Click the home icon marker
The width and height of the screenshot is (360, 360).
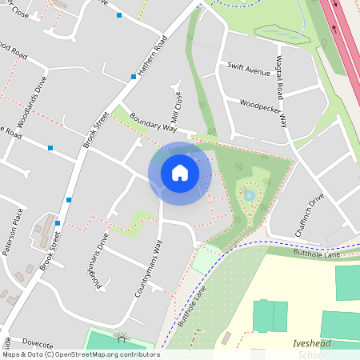pyautogui.click(x=180, y=173)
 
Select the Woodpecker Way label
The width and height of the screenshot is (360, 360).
pyautogui.click(x=263, y=104)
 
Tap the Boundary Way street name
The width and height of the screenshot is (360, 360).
pyautogui.click(x=152, y=121)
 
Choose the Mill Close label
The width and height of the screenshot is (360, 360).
pyautogui.click(x=177, y=103)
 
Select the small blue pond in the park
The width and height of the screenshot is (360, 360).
pyautogui.click(x=249, y=194)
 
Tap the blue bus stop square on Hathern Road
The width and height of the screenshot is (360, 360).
pyautogui.click(x=133, y=77)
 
